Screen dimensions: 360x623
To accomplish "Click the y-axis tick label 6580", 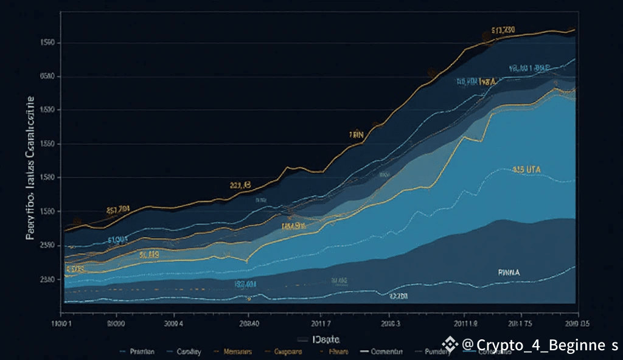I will pyautogui.click(x=47, y=77).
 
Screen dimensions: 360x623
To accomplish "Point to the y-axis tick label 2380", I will pyautogui.click(x=47, y=279).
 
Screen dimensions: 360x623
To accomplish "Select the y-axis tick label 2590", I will pyautogui.click(x=47, y=245).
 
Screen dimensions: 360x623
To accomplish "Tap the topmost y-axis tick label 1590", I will pyautogui.click(x=47, y=43).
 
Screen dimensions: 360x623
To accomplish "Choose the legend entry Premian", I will pyautogui.click(x=142, y=351).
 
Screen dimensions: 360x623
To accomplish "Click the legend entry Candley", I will pyautogui.click(x=189, y=351).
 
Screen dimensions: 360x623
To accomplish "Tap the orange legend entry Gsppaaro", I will pyautogui.click(x=288, y=351).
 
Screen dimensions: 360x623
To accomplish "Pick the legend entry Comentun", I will pyautogui.click(x=386, y=351).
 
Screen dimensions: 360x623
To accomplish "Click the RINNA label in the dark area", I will pyautogui.click(x=509, y=273).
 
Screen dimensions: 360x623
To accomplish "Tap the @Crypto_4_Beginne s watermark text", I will pyautogui.click(x=540, y=345).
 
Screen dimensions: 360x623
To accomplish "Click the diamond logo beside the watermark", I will pyautogui.click(x=450, y=345).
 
